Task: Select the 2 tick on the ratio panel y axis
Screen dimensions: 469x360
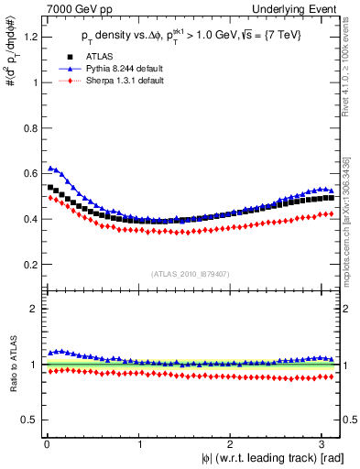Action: pos(33,309)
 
